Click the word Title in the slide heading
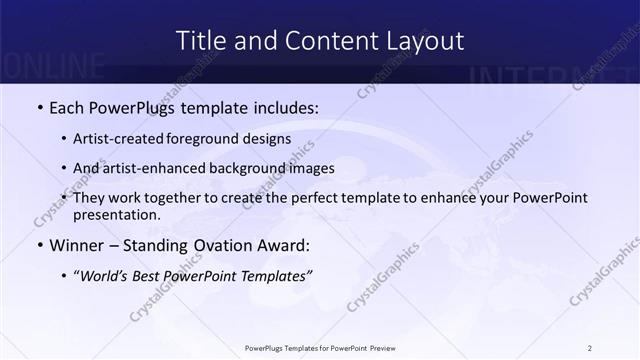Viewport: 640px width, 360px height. click(200, 41)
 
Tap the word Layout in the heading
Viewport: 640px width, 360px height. click(422, 41)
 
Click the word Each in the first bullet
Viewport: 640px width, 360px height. click(66, 106)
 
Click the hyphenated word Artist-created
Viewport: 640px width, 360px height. click(126, 139)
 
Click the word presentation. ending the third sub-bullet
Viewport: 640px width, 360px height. click(117, 214)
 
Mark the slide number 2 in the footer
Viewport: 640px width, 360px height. click(590, 348)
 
